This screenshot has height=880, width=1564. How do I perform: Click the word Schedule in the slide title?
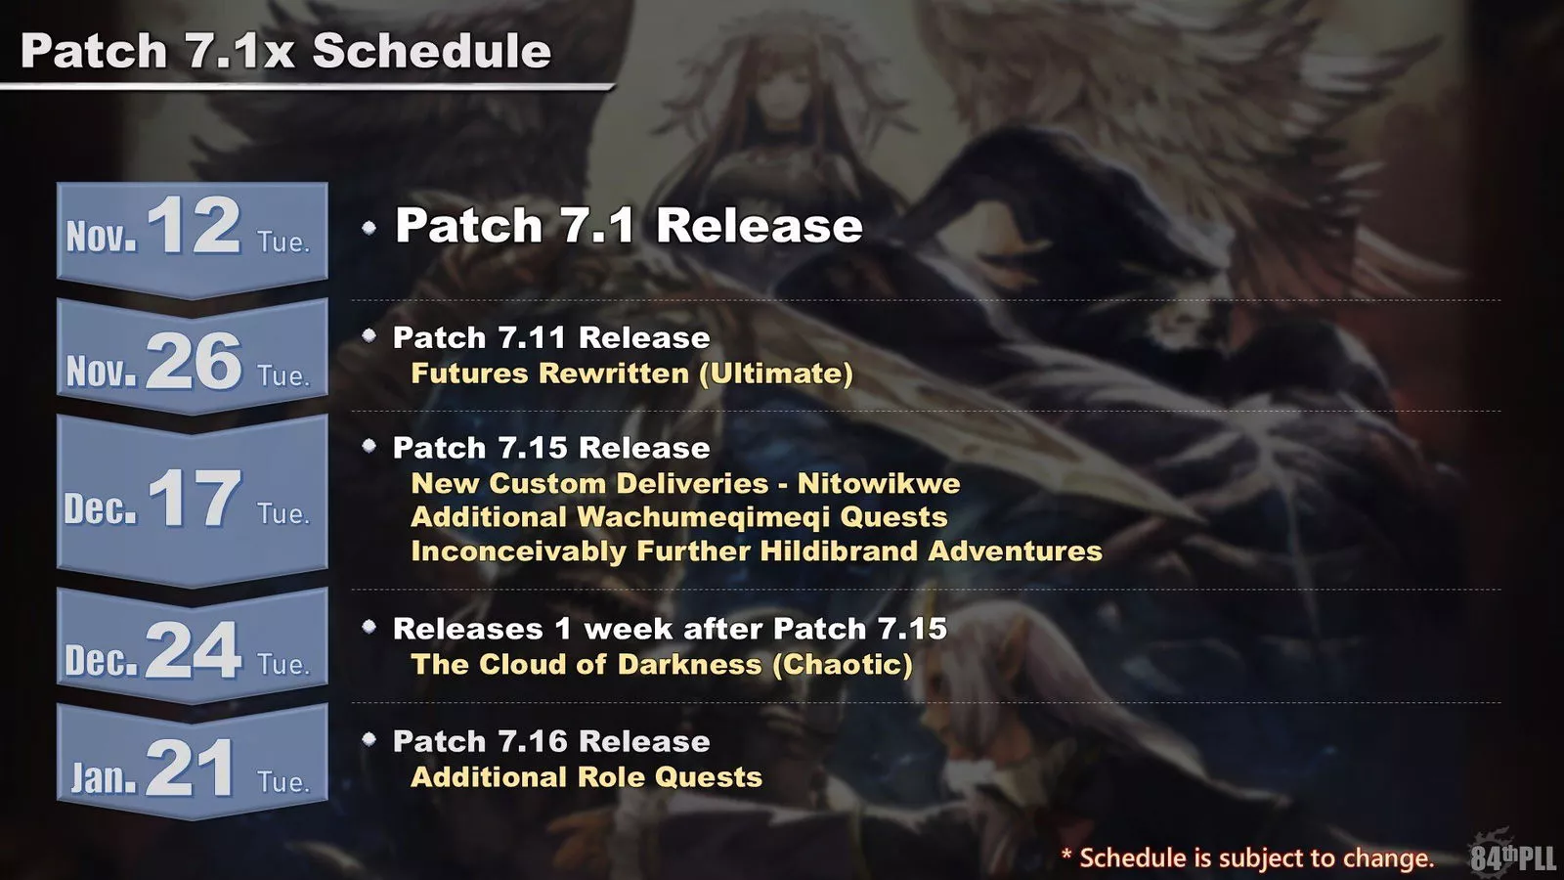pos(431,51)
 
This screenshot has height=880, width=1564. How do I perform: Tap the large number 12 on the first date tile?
pos(194,225)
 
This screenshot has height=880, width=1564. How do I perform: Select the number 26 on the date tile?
pos(194,361)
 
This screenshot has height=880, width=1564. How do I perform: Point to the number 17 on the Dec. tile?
pos(194,498)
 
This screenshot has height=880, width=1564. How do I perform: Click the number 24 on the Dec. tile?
pos(194,649)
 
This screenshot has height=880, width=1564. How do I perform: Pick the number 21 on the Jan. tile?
pos(191,768)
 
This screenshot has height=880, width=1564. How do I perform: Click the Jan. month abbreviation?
pos(104,777)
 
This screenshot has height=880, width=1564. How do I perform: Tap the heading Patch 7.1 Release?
pos(629,226)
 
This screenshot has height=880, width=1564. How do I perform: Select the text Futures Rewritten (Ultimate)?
pos(631,374)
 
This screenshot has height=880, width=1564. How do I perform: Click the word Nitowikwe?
pos(878,483)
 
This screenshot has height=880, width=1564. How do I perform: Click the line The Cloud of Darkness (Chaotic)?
pos(662,665)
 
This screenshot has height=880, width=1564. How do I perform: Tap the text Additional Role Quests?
pos(586,777)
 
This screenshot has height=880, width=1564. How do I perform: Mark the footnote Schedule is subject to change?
pos(1255,858)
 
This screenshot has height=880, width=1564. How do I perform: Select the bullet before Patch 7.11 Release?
pos(369,335)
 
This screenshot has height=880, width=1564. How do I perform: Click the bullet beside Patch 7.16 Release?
pos(369,739)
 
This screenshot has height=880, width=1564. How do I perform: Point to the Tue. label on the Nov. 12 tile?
pos(283,242)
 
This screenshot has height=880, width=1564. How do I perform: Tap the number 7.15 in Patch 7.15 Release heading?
pos(534,448)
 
